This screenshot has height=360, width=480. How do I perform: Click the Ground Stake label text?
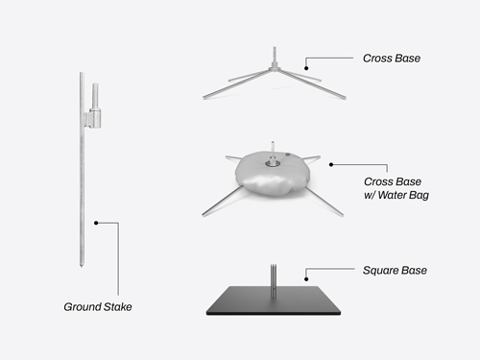(x=97, y=307)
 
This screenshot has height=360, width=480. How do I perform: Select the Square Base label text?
(x=395, y=271)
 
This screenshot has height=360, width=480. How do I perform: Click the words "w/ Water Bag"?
(x=396, y=196)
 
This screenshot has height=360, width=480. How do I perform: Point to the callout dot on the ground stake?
(x=96, y=223)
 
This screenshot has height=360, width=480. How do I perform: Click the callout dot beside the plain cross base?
(x=305, y=67)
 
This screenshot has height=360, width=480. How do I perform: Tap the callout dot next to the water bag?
(x=331, y=164)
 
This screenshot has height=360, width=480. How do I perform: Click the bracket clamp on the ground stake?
(x=93, y=118)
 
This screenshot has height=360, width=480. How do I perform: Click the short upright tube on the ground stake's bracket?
(x=94, y=96)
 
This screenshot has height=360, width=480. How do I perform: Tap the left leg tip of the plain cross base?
(x=204, y=96)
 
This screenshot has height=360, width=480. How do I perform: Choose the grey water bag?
(x=269, y=177)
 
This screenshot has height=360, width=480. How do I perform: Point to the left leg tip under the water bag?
(x=204, y=212)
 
